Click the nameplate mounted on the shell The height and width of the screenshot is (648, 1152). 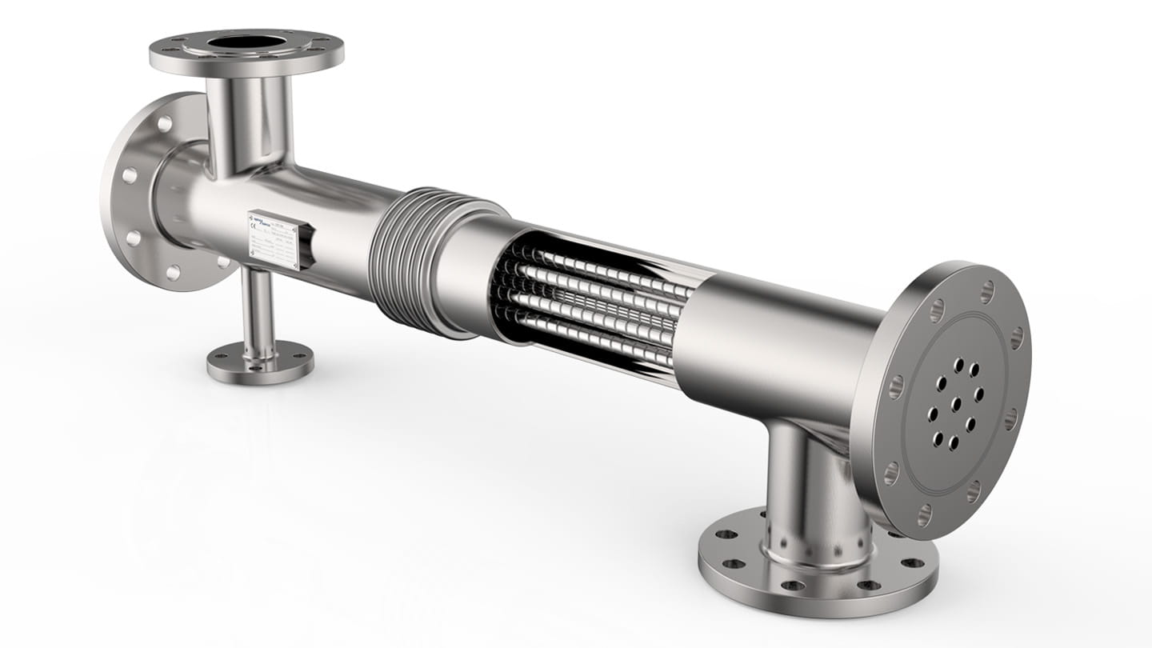tap(274, 239)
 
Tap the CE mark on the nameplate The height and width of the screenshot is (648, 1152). tap(255, 228)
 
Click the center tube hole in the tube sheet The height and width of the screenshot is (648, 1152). tap(955, 403)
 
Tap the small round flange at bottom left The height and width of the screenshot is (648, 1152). tap(260, 362)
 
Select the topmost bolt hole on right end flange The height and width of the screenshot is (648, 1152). tap(987, 291)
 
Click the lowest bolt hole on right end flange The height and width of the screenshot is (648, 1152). tap(925, 515)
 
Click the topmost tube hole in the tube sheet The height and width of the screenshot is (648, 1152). tap(959, 363)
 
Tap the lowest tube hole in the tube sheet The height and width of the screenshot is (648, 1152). tap(953, 442)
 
